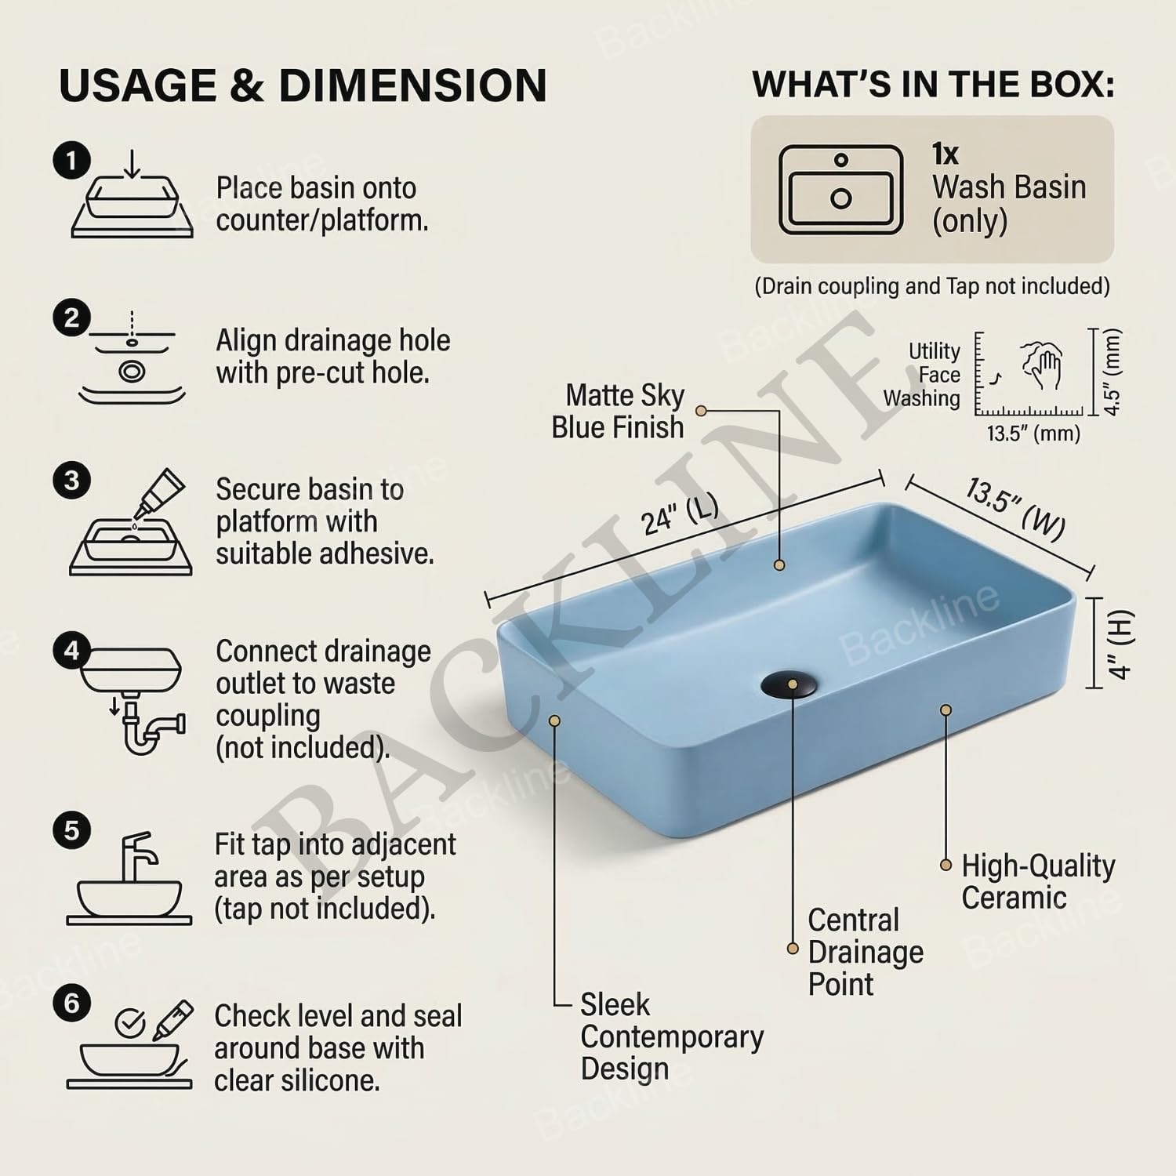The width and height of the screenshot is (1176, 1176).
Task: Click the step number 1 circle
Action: click(71, 161)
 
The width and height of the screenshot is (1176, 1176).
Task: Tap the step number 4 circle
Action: click(71, 651)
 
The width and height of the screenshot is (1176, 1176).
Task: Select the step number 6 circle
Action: click(71, 1003)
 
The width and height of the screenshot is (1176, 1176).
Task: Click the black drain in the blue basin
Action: click(789, 684)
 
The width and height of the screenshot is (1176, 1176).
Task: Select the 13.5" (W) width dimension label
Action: click(1016, 510)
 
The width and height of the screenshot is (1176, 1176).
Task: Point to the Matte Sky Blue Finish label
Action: click(619, 411)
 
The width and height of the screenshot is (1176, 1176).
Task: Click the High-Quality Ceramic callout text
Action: click(1038, 881)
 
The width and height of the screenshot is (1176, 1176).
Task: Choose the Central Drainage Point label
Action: click(866, 952)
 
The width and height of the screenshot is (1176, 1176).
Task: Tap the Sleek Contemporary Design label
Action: click(672, 1036)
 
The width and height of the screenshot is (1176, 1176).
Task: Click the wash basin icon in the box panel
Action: click(840, 189)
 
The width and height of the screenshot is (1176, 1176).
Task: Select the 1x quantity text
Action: click(945, 154)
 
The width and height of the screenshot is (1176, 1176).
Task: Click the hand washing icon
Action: click(1041, 365)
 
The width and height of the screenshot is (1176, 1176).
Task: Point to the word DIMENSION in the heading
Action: click(412, 85)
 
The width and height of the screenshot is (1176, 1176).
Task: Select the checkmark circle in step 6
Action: click(130, 1022)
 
